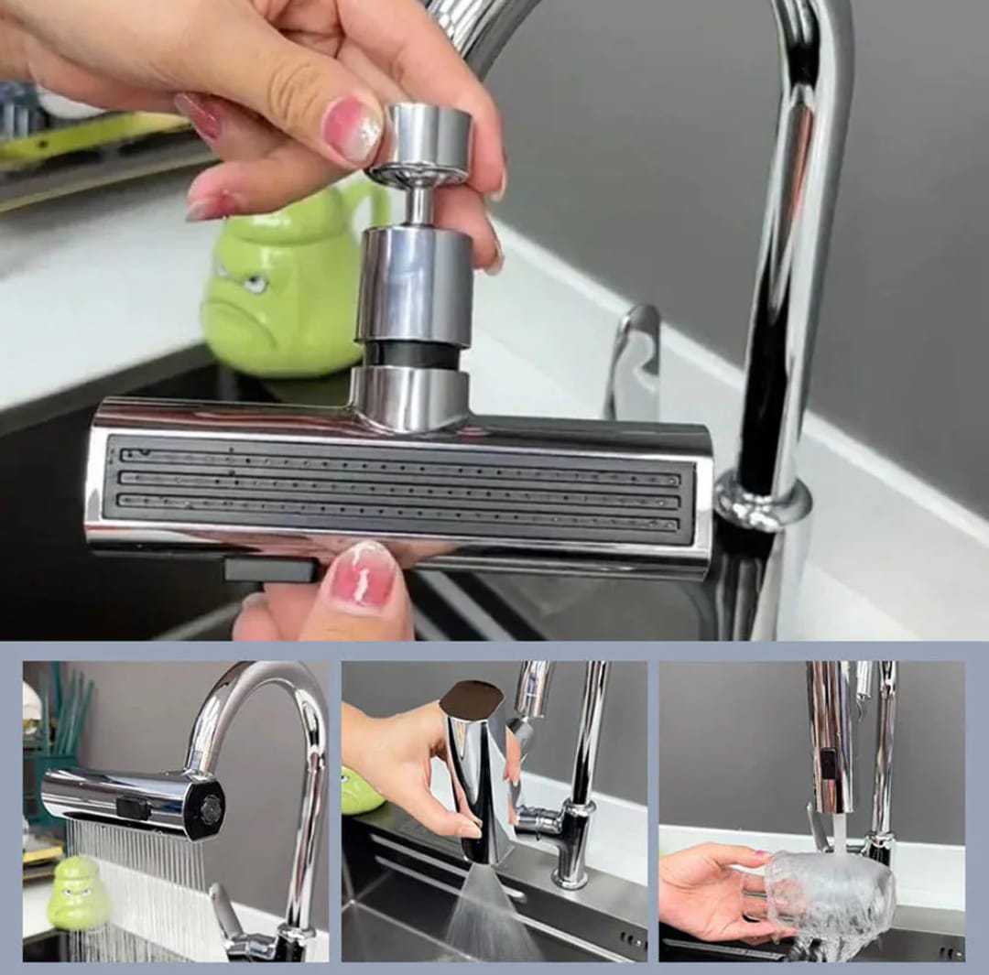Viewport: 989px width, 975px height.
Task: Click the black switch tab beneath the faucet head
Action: tap(270, 570)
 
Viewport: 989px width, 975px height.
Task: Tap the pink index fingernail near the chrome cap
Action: tap(352, 128)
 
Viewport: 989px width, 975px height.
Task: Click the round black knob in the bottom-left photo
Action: tap(211, 807)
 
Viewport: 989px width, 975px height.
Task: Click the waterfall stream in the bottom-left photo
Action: tap(137, 879)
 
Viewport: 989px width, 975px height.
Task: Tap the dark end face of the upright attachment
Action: tap(471, 699)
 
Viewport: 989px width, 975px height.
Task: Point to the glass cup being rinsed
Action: tap(829, 892)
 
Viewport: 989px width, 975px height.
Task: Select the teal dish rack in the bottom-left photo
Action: tap(60, 732)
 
